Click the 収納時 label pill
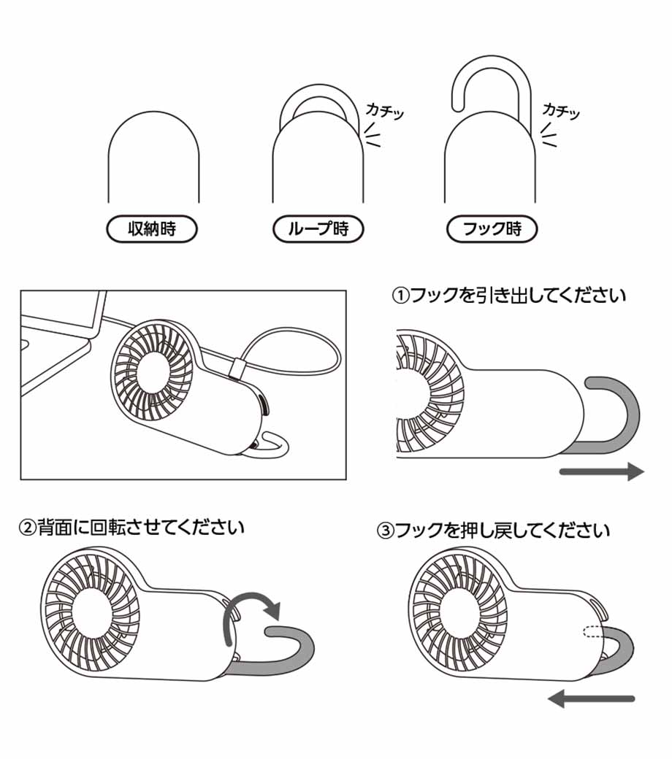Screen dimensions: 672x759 point(152,229)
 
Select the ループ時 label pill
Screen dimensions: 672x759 point(318,229)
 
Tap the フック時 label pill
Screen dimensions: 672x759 point(492,229)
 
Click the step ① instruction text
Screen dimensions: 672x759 point(508,296)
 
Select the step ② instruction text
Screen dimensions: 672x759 point(131,527)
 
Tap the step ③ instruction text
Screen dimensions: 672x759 point(493,531)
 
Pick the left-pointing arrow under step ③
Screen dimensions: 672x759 point(591,699)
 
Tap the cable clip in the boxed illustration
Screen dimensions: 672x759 point(237,368)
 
